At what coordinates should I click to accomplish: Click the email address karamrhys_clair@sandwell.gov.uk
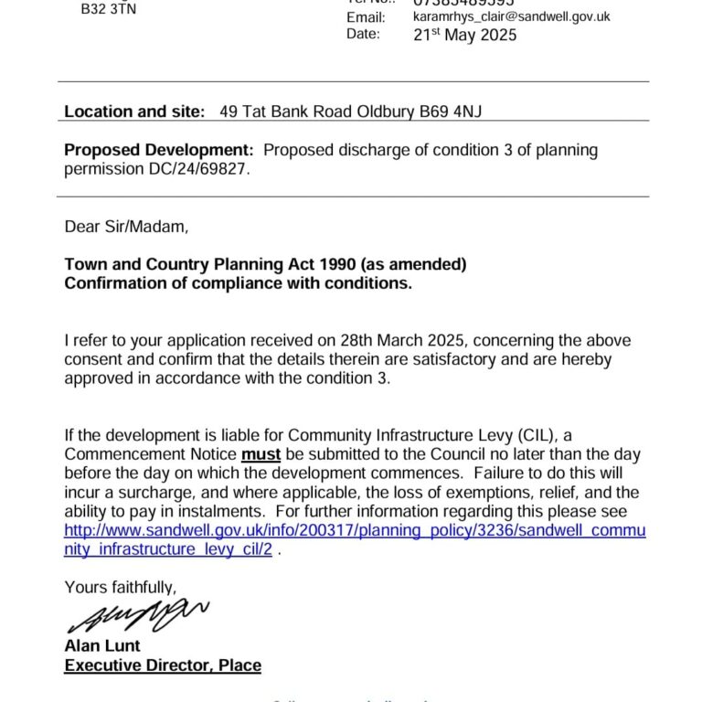tap(511, 17)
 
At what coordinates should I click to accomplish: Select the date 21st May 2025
tap(464, 36)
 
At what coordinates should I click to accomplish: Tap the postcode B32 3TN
tap(108, 8)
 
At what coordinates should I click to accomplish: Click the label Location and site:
tap(134, 112)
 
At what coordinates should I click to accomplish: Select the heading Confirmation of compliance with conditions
tap(238, 283)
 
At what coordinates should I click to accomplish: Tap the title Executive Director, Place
tap(163, 665)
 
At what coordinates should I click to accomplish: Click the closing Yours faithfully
tap(120, 587)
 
